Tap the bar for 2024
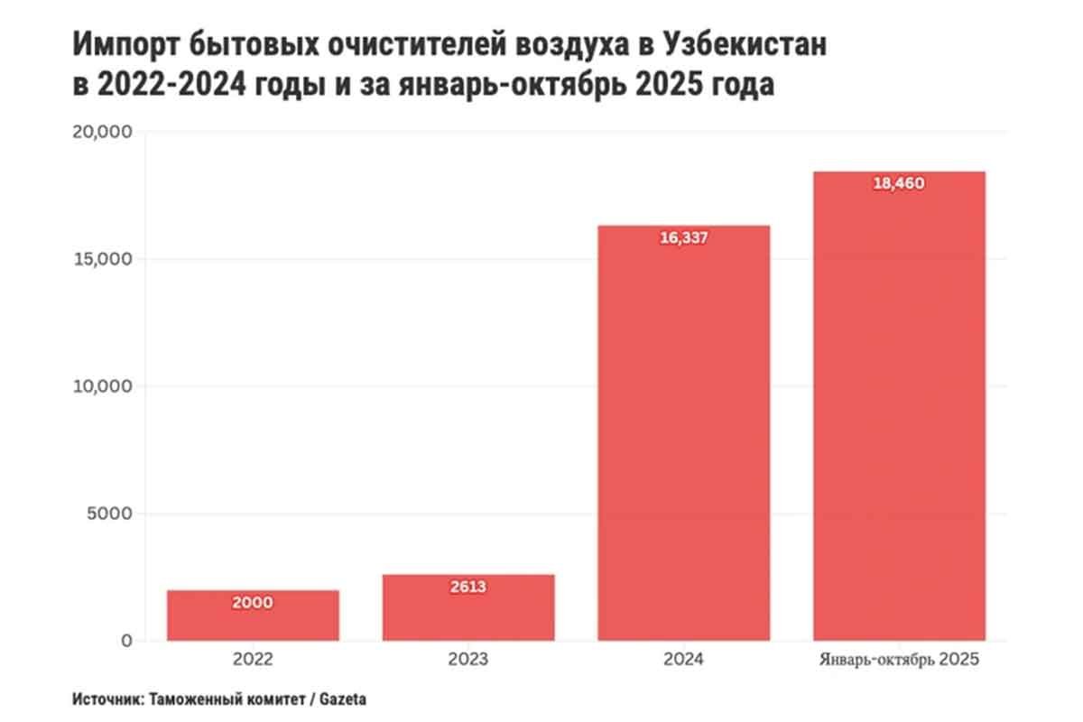click(x=684, y=433)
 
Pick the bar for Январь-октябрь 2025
click(x=899, y=406)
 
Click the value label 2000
click(x=252, y=603)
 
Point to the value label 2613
click(x=467, y=587)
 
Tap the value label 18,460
click(x=899, y=183)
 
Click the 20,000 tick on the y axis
click(x=101, y=132)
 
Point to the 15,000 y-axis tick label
click(x=101, y=259)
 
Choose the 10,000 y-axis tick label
click(x=101, y=386)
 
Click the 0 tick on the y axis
click(x=126, y=641)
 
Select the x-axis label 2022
click(x=253, y=660)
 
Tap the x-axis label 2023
click(x=468, y=660)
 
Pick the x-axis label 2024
click(x=684, y=660)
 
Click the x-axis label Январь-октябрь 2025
click(x=899, y=660)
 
